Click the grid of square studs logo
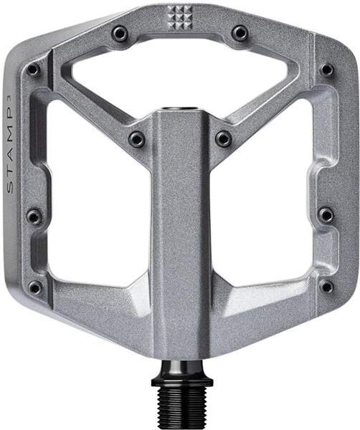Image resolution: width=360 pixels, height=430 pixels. (x=180, y=17)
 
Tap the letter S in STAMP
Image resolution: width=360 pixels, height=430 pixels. (x=9, y=188)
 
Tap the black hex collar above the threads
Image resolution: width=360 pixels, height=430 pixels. (x=182, y=382)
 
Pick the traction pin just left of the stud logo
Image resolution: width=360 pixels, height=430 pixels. (x=120, y=33)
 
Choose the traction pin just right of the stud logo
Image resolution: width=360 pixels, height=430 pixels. (x=240, y=33)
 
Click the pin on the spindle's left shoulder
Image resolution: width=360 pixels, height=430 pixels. (x=137, y=139)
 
